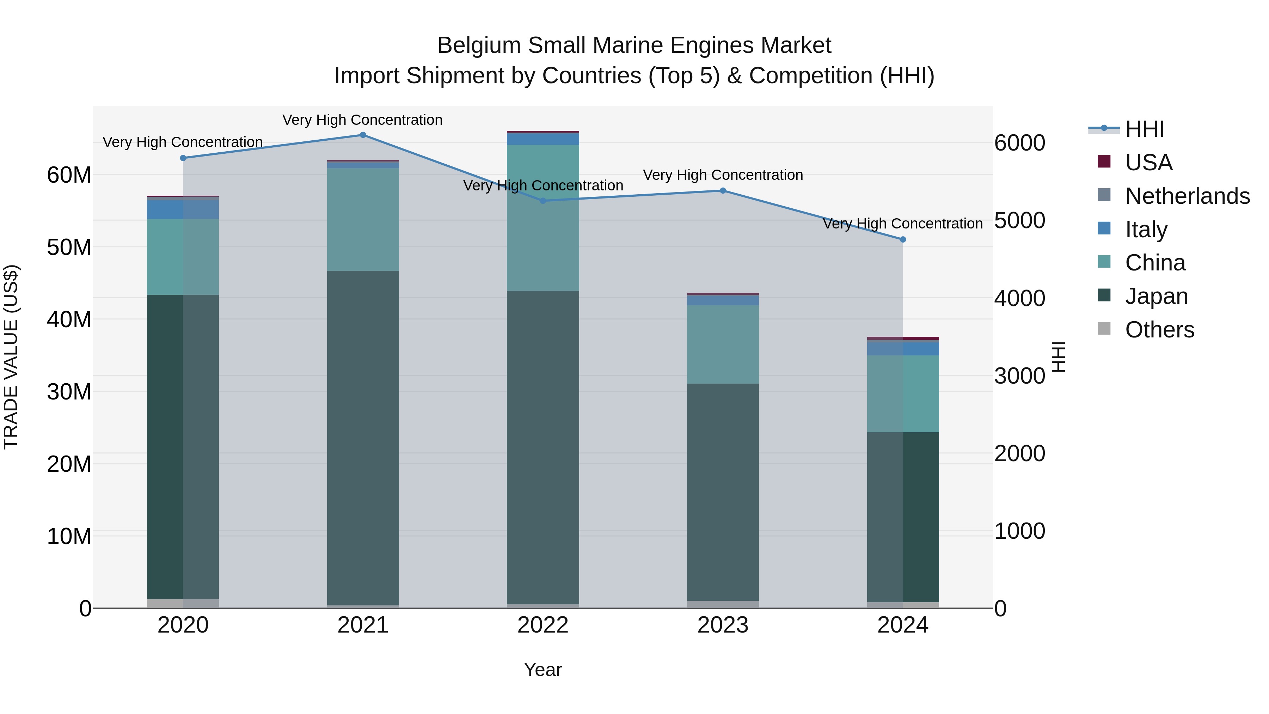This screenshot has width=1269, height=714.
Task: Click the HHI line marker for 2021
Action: (x=363, y=135)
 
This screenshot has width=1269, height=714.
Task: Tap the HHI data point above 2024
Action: (x=903, y=239)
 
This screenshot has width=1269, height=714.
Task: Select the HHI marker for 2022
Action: (x=543, y=201)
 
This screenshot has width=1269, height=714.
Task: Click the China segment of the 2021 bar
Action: (x=363, y=219)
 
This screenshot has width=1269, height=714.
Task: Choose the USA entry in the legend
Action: (x=1148, y=162)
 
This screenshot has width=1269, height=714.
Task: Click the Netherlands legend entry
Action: (x=1187, y=196)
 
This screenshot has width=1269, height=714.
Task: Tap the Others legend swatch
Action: (x=1104, y=329)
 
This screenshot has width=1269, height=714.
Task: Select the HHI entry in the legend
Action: (x=1144, y=129)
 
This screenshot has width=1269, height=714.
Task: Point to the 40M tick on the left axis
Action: (x=69, y=319)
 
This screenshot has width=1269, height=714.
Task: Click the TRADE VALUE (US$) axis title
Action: (x=11, y=357)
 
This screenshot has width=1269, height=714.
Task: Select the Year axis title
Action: (x=543, y=670)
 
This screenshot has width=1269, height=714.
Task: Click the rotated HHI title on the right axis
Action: (x=1059, y=357)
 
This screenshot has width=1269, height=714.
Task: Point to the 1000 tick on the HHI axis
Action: (x=1019, y=531)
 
